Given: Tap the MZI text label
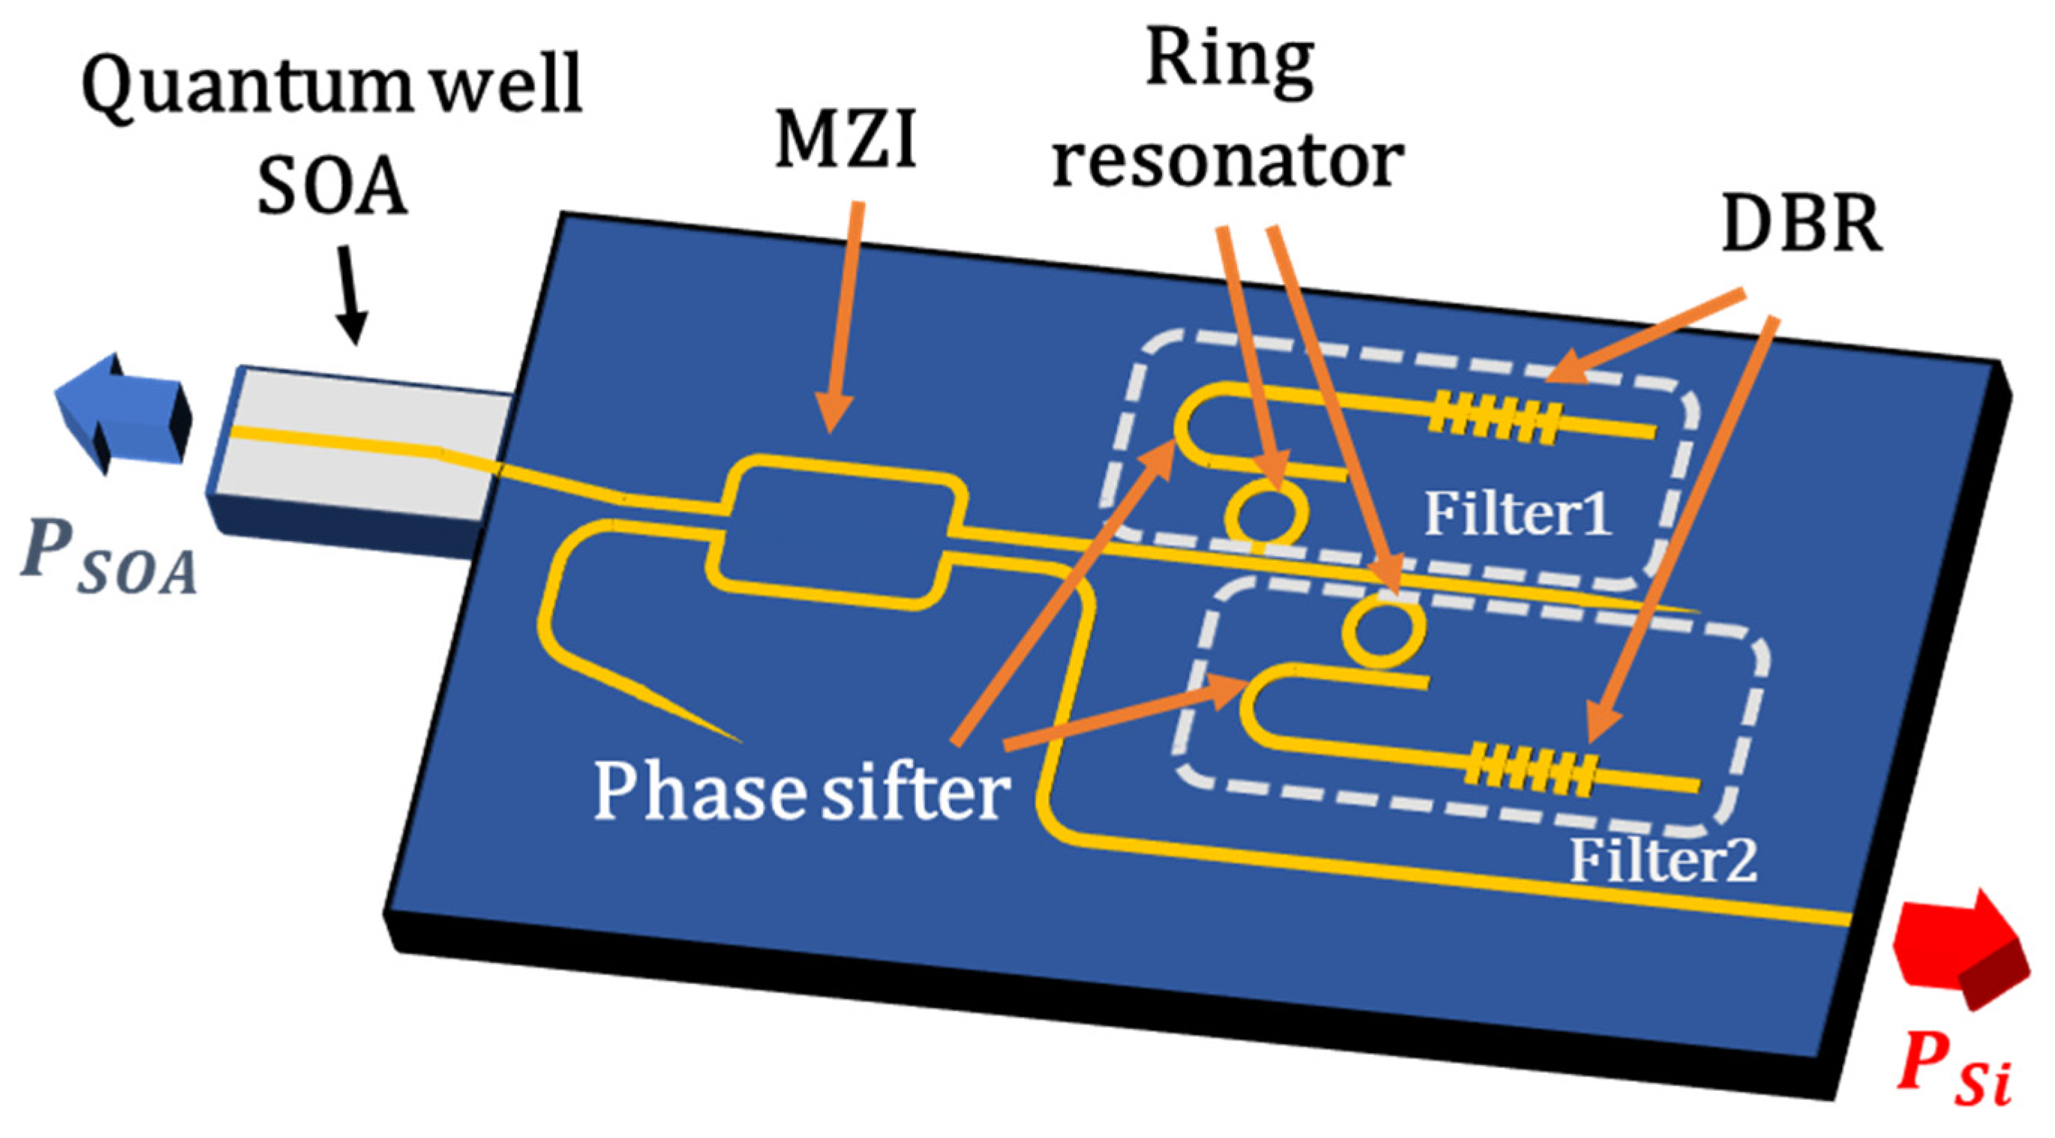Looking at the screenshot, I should (x=846, y=142).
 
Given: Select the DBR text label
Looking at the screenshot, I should (x=1801, y=225).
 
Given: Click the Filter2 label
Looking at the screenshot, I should (x=1663, y=860).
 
